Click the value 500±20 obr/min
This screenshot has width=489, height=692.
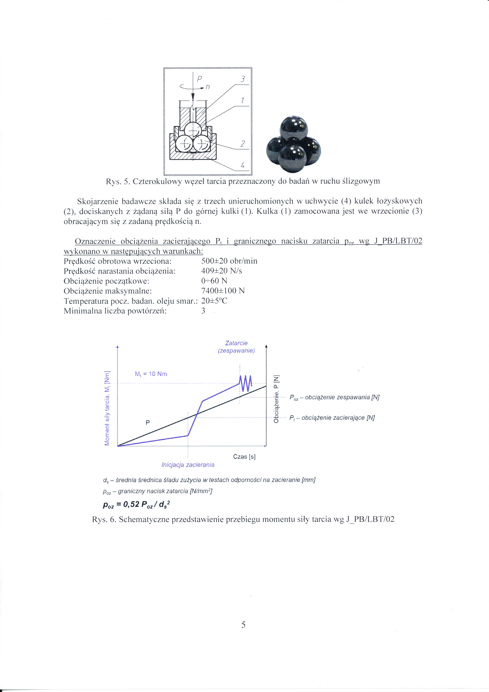click(229, 261)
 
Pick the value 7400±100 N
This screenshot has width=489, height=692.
click(223, 291)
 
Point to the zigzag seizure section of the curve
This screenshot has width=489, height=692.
click(246, 383)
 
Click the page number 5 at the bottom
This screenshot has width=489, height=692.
click(243, 625)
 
